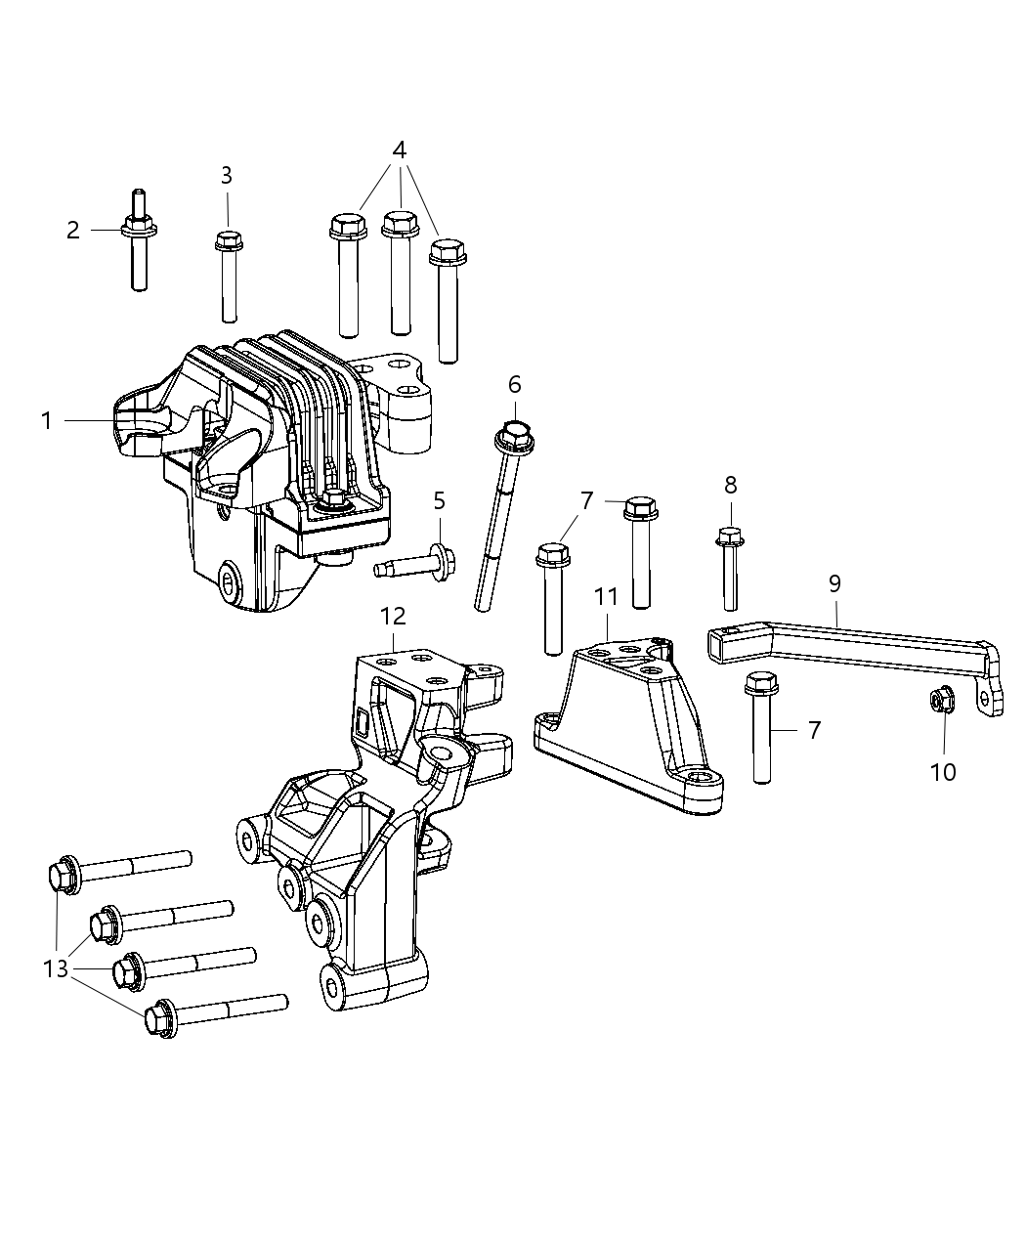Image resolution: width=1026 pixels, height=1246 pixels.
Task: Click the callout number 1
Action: point(46,421)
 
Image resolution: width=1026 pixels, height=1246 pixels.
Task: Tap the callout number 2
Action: point(73,231)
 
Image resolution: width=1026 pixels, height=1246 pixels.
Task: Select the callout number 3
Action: point(227,176)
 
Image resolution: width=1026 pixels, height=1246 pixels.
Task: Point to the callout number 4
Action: point(399,150)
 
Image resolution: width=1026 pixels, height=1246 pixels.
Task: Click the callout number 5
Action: point(440,501)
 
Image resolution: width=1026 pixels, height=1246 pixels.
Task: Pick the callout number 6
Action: point(515,384)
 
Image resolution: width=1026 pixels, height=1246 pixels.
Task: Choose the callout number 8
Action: point(730,485)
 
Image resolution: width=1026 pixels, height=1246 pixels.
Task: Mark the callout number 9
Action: point(834,584)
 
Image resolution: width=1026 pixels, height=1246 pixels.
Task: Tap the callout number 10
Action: point(943,772)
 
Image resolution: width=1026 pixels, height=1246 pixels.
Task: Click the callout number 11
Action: point(606,595)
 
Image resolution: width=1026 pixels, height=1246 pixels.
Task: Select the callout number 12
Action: point(393,616)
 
